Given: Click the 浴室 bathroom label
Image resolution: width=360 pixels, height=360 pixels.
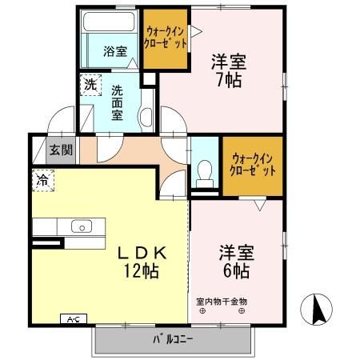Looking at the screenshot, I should tap(115, 52).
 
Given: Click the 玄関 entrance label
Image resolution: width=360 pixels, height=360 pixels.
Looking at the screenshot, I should tap(60, 149).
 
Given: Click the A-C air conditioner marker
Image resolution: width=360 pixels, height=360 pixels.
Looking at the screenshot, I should tap(73, 320).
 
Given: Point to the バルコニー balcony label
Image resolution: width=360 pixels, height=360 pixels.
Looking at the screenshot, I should tap(173, 338).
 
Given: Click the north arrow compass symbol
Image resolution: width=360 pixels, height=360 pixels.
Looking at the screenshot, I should tap(317, 308).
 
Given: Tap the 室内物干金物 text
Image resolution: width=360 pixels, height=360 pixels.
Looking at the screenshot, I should tap(222, 302).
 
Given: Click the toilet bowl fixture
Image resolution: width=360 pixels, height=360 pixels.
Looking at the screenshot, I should tap(206, 170).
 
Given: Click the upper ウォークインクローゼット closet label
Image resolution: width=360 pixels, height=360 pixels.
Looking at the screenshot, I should tap(166, 38).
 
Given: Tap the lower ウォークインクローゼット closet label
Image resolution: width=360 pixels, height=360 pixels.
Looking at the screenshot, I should tap(253, 163).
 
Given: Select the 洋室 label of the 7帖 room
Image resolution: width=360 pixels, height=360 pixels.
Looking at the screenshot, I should tap(228, 60).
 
